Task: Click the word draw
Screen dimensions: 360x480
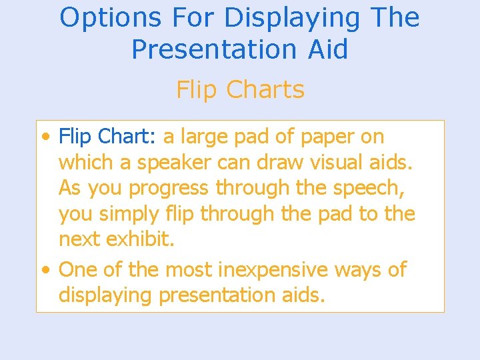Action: click(x=275, y=162)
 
